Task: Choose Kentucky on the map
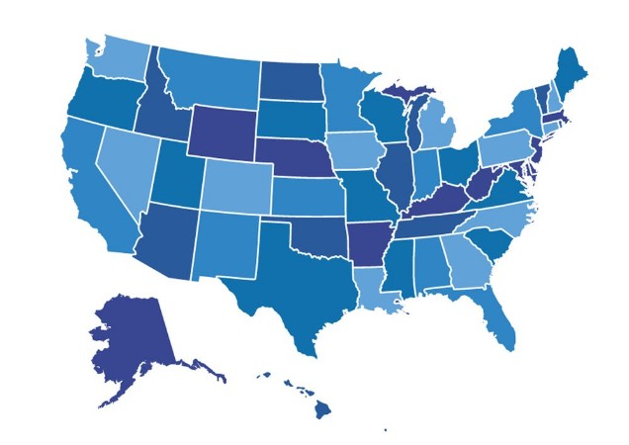[x=436, y=204]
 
